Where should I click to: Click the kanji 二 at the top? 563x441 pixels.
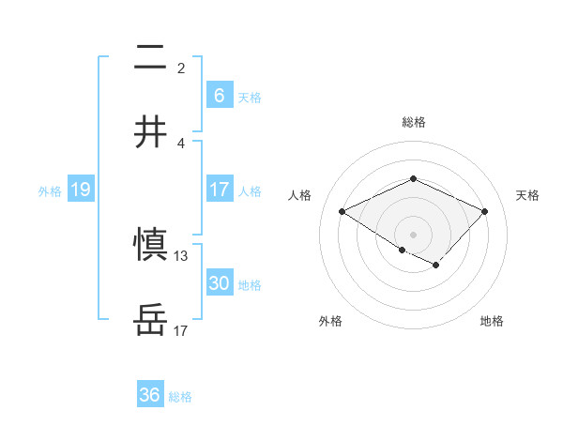(x=151, y=58)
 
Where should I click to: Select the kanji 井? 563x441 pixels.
(x=151, y=131)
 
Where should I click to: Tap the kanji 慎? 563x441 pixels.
(x=151, y=246)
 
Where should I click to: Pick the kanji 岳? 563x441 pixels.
(x=151, y=320)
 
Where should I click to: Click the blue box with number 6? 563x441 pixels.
(x=219, y=96)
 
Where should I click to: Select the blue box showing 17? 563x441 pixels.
(x=219, y=190)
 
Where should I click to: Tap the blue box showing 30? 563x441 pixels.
(x=219, y=283)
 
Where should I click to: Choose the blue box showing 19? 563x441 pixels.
(x=80, y=190)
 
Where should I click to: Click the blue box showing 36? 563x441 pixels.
(x=150, y=395)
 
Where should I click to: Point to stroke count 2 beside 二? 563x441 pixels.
(x=181, y=68)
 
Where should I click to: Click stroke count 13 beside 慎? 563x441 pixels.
(x=181, y=256)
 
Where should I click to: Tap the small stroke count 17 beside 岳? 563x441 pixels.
(x=181, y=330)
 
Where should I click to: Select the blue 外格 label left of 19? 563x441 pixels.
(x=50, y=191)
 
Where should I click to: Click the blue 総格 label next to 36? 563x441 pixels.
(x=180, y=397)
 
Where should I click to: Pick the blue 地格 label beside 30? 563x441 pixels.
(x=250, y=285)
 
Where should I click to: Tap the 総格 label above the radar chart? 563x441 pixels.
(x=413, y=122)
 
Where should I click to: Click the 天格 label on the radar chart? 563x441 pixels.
(x=527, y=195)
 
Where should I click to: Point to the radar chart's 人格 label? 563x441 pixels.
(x=299, y=195)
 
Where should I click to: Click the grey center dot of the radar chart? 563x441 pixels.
(x=413, y=234)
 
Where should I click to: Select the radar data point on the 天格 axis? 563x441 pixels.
(x=484, y=212)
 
